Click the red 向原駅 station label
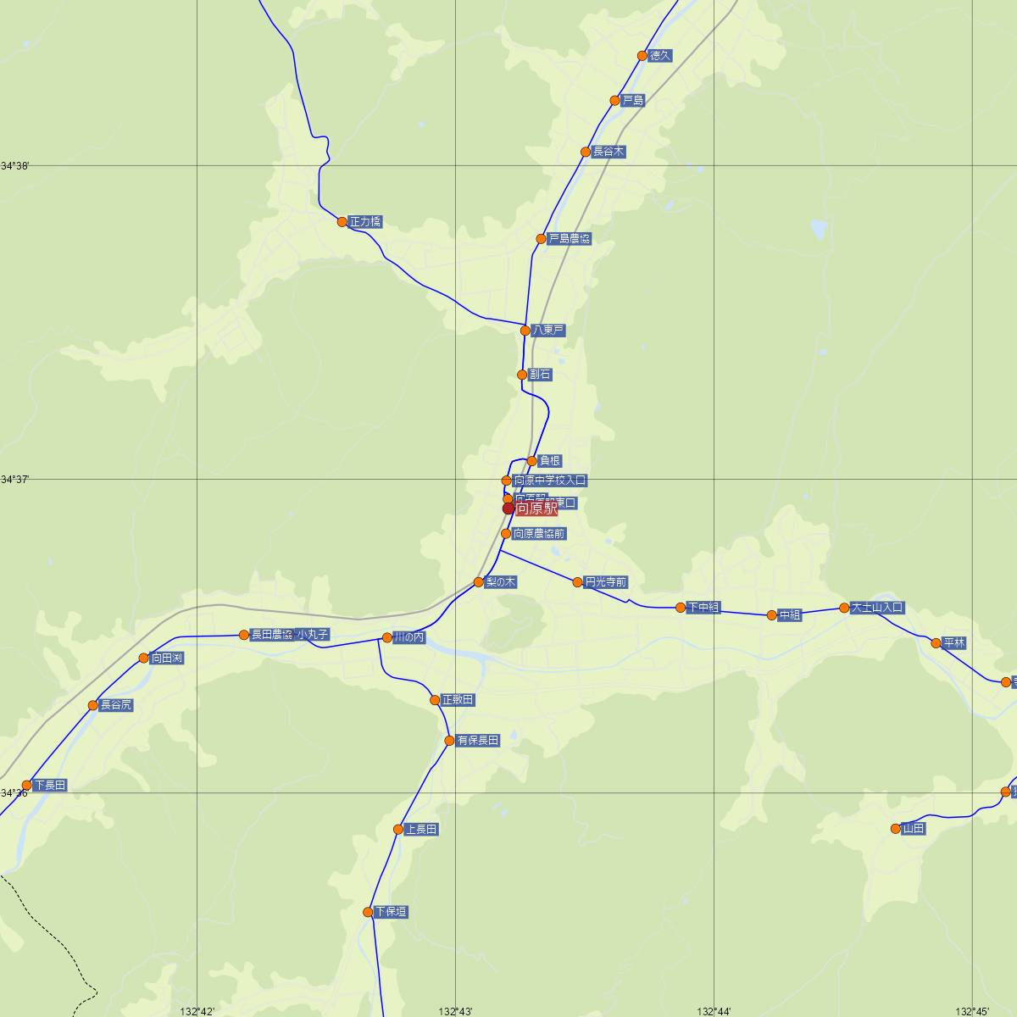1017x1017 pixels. click(x=536, y=509)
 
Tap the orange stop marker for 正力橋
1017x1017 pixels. click(x=342, y=222)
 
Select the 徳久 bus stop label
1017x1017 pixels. click(x=660, y=56)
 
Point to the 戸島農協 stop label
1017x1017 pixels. click(x=570, y=239)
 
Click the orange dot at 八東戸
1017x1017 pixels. click(x=525, y=331)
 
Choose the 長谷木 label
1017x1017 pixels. click(x=609, y=153)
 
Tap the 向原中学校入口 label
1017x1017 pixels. click(x=550, y=481)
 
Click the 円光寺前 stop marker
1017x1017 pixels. click(x=578, y=582)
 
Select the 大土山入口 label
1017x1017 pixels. click(x=878, y=608)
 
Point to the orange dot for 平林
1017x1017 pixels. click(x=936, y=643)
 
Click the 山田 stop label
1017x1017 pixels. click(x=914, y=829)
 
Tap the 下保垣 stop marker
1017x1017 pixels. click(x=368, y=913)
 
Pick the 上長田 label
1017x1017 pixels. click(x=421, y=830)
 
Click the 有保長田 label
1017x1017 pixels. click(x=478, y=741)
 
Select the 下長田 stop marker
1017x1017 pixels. click(x=26, y=786)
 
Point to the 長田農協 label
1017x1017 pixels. click(x=271, y=635)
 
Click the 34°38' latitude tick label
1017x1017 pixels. click(x=15, y=166)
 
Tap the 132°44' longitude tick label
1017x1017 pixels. click(x=714, y=1011)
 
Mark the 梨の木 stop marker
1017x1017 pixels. click(x=479, y=582)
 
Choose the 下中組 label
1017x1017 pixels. click(x=703, y=608)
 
